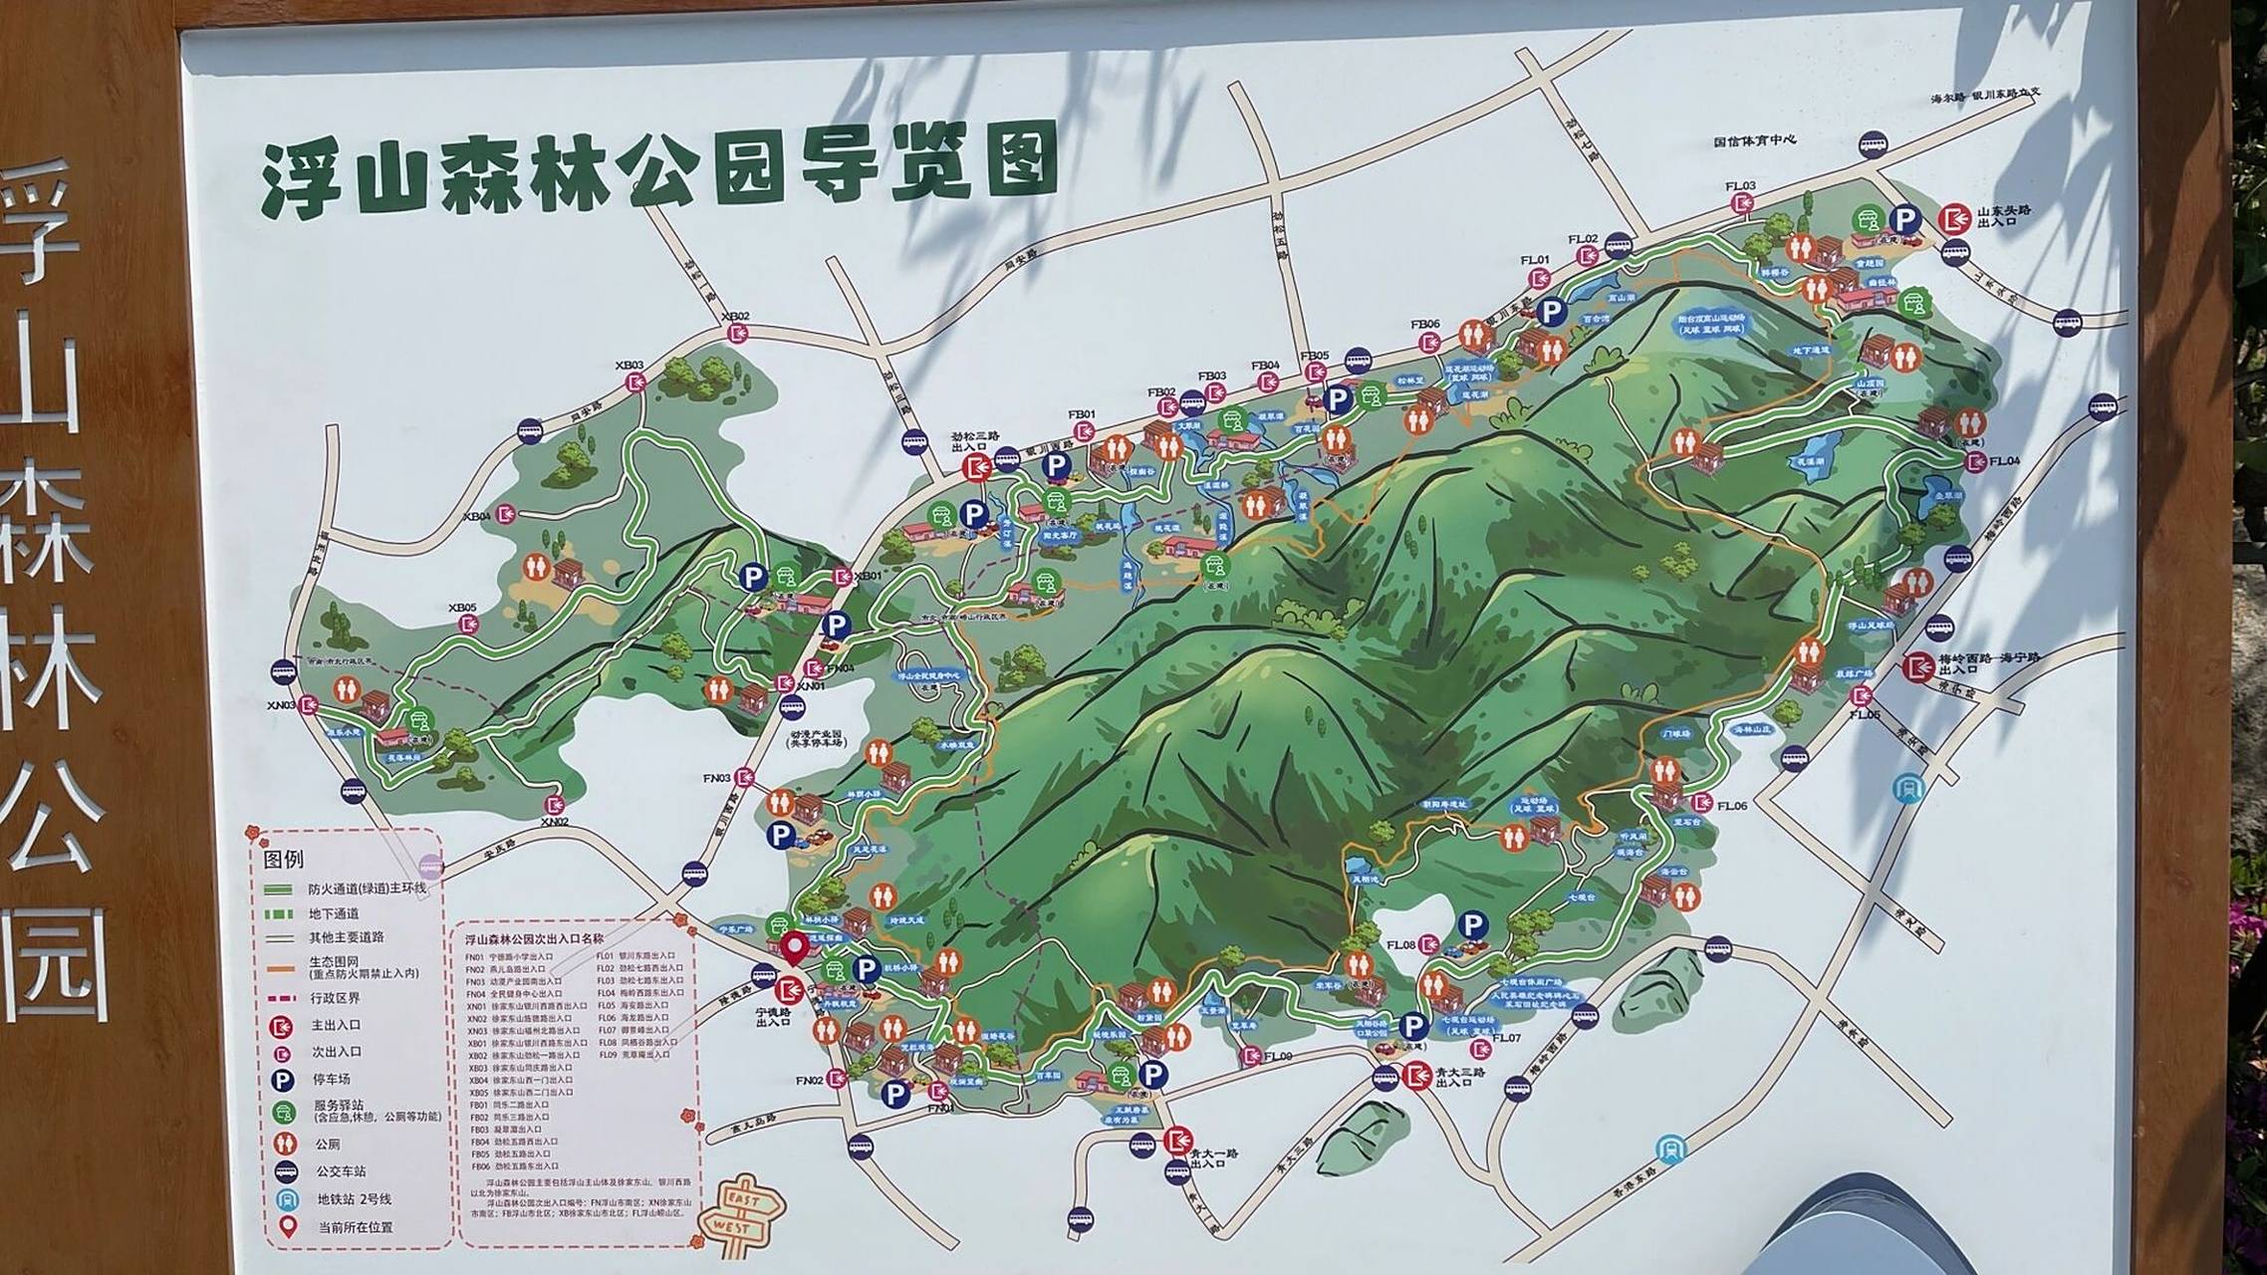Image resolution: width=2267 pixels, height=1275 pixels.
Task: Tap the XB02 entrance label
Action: [x=735, y=317]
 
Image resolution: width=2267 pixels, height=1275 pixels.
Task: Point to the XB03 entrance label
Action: [x=630, y=366]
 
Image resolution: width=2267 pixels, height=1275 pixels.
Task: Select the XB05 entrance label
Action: [x=462, y=608]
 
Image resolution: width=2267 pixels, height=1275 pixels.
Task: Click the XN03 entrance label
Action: [x=281, y=704]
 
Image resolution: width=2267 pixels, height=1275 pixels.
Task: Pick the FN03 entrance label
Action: [x=717, y=778]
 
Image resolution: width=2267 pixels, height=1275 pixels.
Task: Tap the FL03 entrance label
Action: [x=1740, y=186]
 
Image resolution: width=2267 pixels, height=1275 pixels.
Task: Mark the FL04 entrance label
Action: [x=2004, y=461]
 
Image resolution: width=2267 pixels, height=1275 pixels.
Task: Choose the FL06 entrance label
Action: [x=1731, y=806]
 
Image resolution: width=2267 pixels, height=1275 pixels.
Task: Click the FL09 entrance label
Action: [x=1278, y=1056]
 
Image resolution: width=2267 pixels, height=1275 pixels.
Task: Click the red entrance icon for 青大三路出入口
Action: [x=1416, y=1076]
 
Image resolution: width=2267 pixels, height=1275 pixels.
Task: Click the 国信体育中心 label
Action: [x=1754, y=141]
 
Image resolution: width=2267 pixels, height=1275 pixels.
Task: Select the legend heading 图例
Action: [x=283, y=859]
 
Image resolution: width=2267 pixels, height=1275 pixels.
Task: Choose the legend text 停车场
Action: [x=332, y=1079]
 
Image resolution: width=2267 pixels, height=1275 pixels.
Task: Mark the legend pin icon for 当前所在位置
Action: [x=287, y=1226]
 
